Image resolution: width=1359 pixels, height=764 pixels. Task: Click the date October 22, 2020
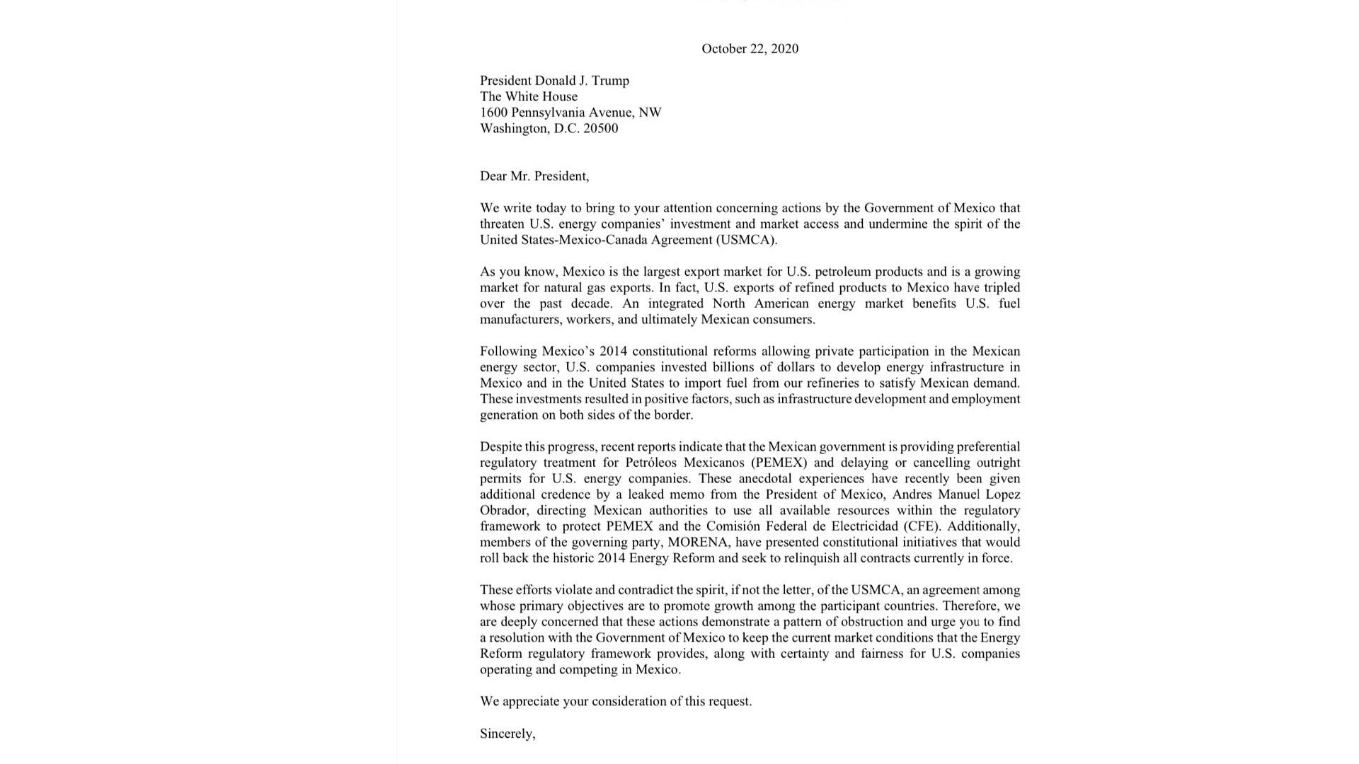coord(750,49)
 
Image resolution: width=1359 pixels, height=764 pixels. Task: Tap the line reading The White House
coord(529,97)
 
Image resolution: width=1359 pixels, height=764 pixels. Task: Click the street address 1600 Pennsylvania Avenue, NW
coord(570,112)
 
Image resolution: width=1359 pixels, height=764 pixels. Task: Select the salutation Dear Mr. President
coord(534,176)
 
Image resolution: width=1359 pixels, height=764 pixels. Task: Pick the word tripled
coord(998,288)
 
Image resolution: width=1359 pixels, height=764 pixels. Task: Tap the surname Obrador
coord(503,511)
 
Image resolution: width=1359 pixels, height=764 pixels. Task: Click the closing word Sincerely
coord(507,734)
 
